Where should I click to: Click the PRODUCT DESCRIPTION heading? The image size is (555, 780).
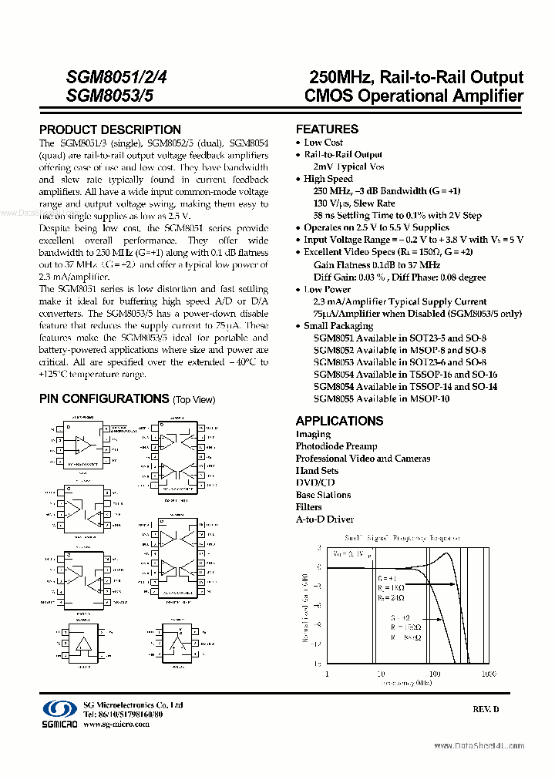point(110,129)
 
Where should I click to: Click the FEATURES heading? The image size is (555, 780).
point(327,129)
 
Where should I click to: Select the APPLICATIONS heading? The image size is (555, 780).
point(339,421)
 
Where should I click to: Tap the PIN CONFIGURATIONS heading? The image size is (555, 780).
point(104,398)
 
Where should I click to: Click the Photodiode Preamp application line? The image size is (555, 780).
point(336,446)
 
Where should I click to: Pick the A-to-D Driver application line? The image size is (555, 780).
point(325,519)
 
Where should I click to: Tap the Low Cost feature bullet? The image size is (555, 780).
point(323,143)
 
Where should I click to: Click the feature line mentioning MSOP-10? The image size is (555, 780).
point(381,398)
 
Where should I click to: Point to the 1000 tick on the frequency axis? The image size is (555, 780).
point(488,674)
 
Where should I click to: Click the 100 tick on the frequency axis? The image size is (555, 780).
point(435,674)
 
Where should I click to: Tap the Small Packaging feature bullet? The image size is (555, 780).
point(338,326)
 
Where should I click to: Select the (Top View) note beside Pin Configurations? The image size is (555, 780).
point(194,399)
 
